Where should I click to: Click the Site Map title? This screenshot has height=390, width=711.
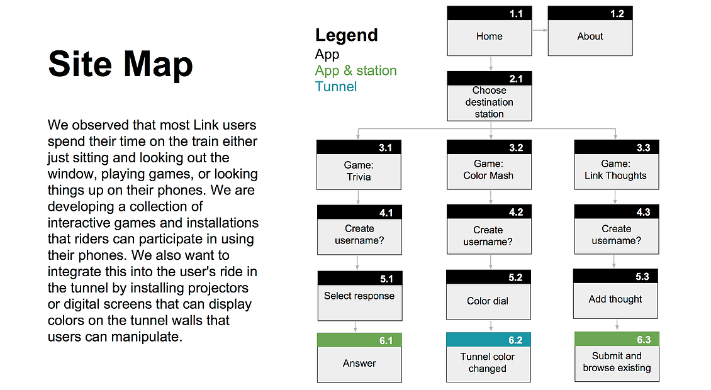tap(121, 64)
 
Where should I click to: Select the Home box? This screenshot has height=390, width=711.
tap(490, 31)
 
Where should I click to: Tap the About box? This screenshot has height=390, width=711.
tap(590, 31)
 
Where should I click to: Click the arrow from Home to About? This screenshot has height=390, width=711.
tap(540, 30)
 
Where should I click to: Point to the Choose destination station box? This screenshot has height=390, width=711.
tap(490, 96)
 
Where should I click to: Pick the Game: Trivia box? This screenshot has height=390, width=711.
tap(359, 165)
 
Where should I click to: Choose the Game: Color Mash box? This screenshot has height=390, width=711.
tap(489, 165)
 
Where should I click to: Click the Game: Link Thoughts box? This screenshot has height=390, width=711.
tap(616, 165)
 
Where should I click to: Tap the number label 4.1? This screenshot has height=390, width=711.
tap(386, 213)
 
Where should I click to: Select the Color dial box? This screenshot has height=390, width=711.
tap(488, 295)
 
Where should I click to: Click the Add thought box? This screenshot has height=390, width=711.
tap(615, 294)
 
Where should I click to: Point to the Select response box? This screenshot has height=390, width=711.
tap(359, 296)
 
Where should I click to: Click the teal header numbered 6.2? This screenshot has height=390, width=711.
tap(488, 340)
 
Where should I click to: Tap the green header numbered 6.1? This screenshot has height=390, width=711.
tap(359, 340)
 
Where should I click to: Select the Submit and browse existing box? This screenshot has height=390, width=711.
tap(617, 357)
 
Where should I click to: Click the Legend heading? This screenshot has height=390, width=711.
tap(347, 35)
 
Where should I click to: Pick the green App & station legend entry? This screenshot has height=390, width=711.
tap(356, 70)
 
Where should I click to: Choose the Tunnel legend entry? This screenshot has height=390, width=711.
tap(336, 87)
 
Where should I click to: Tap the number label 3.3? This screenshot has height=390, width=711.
tap(644, 147)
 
